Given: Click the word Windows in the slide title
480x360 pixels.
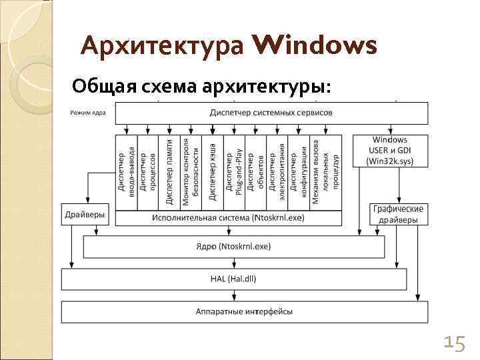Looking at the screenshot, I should click(315, 47).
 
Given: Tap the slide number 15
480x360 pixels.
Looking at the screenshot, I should click(455, 343).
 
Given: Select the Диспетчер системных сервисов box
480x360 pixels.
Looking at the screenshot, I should click(271, 113).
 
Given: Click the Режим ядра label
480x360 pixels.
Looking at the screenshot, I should click(87, 112).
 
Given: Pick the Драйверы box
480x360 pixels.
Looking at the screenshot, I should click(84, 215).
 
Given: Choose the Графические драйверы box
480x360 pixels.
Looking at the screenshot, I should click(399, 214).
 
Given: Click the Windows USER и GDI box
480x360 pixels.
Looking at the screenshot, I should click(390, 150).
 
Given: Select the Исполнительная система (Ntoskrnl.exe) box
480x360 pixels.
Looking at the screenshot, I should click(228, 218).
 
